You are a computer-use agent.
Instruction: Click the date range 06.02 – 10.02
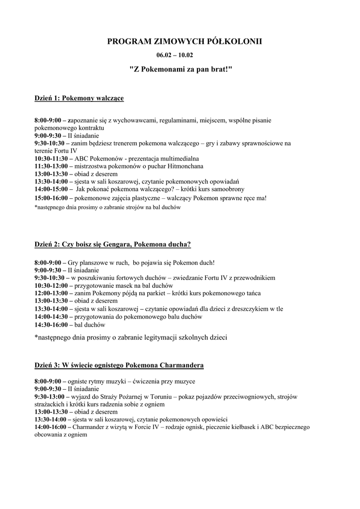coord(178,56)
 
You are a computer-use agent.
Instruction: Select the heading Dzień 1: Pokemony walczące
coord(79,98)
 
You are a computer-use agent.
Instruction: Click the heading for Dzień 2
coord(112,244)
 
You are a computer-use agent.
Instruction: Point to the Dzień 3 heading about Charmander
coord(119,365)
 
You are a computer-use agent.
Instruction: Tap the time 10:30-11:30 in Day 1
coord(51,158)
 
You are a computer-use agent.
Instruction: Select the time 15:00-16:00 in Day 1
coord(51,198)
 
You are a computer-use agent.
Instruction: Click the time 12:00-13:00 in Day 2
coord(51,293)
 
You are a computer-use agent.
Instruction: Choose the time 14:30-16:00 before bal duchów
coord(51,325)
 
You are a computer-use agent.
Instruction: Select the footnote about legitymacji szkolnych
coord(131,338)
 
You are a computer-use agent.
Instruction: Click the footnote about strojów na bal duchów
coord(107,208)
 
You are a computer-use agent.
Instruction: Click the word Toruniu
coord(145,397)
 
